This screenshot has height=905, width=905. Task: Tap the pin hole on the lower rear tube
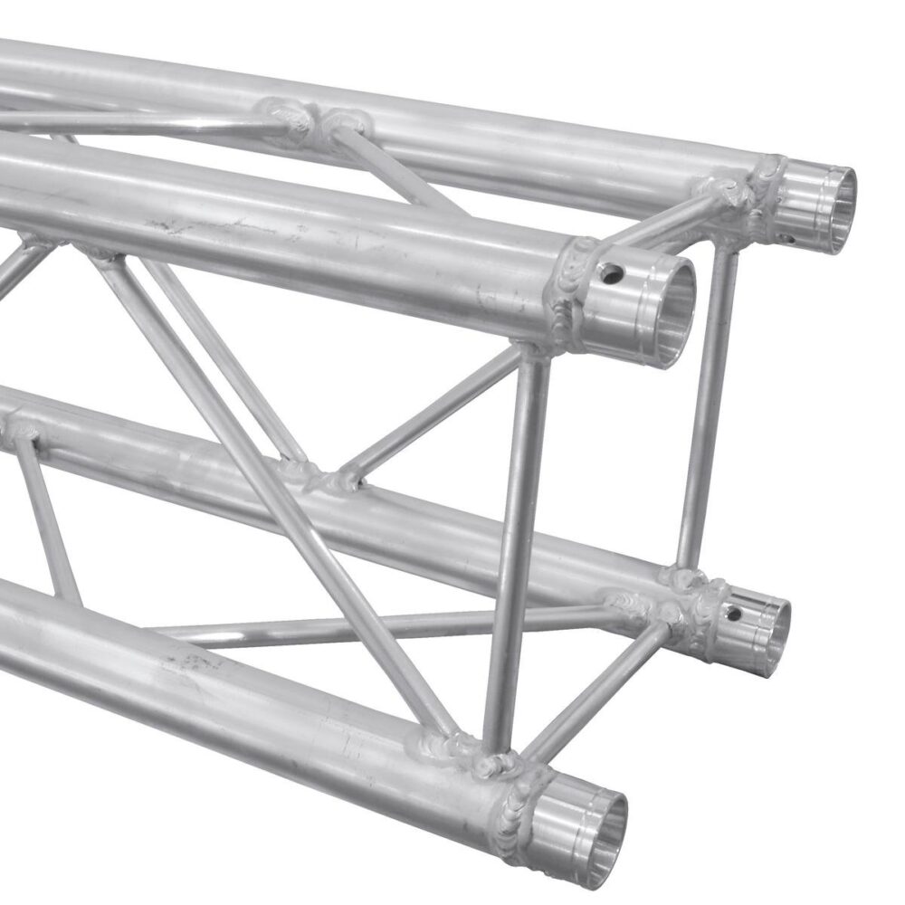(735, 614)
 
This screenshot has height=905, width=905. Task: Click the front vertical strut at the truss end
(518, 543)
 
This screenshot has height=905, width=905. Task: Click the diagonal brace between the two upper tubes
(398, 172)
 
